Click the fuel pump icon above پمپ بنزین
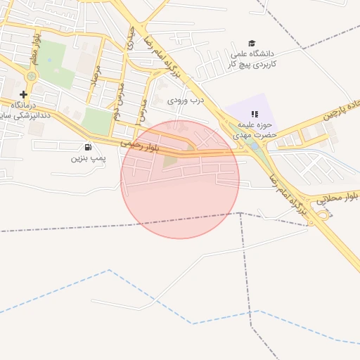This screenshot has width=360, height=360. point(88,147)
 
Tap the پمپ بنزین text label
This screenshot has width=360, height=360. point(88,158)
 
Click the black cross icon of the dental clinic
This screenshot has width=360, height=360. point(24,94)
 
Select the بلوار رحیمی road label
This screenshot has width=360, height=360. point(141,146)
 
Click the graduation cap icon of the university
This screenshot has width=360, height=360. point(252,44)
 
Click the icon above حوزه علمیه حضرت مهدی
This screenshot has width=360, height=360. point(255,113)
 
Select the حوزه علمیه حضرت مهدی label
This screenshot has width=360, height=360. point(257,129)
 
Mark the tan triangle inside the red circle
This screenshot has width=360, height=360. point(171,162)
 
